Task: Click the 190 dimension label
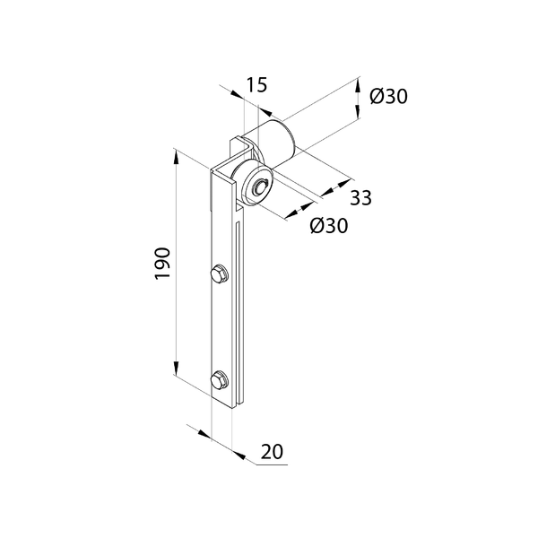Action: click(162, 263)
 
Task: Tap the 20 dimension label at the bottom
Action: click(272, 452)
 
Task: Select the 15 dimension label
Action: click(256, 85)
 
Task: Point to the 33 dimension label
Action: click(361, 197)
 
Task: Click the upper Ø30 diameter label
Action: click(389, 96)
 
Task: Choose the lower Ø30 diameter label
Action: click(329, 225)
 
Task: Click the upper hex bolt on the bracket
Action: click(220, 274)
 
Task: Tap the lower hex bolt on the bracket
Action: click(220, 380)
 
